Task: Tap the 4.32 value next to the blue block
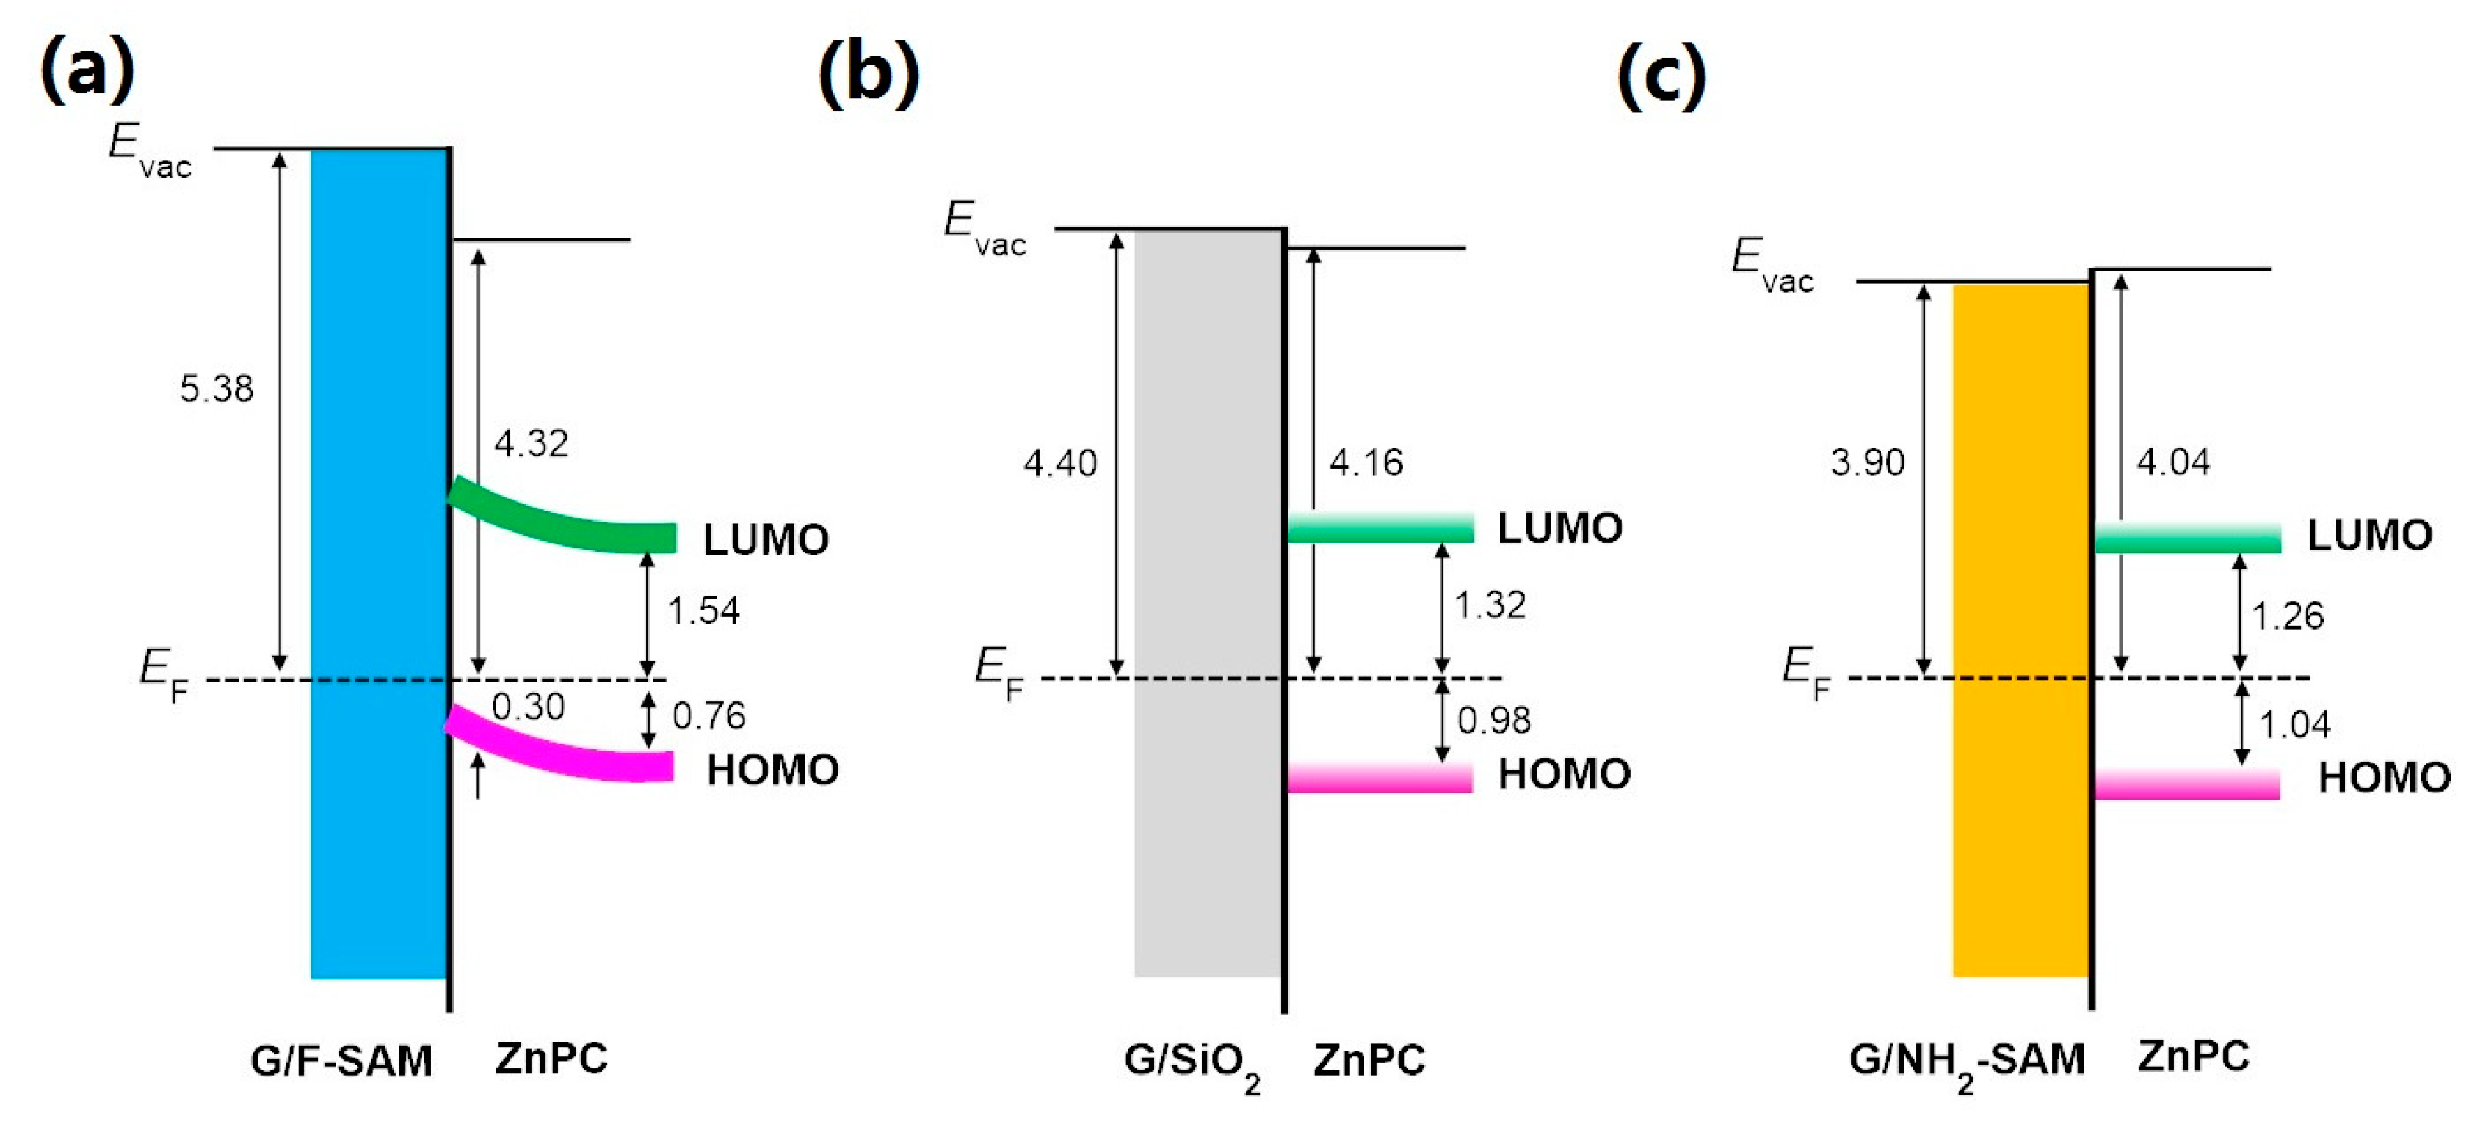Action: tap(531, 443)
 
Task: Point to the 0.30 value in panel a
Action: tap(527, 707)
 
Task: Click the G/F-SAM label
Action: tap(341, 1060)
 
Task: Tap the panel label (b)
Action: tap(868, 73)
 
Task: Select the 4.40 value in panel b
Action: tap(1059, 464)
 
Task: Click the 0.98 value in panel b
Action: tap(1493, 720)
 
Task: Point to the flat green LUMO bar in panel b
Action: tap(1380, 528)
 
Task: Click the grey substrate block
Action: tap(1208, 597)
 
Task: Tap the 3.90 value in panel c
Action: tap(1867, 462)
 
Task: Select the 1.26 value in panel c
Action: tap(2286, 615)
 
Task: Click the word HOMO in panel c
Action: tap(2384, 777)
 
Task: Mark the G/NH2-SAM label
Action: tap(1966, 1062)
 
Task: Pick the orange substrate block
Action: tap(2020, 627)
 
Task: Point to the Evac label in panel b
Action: tap(984, 228)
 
